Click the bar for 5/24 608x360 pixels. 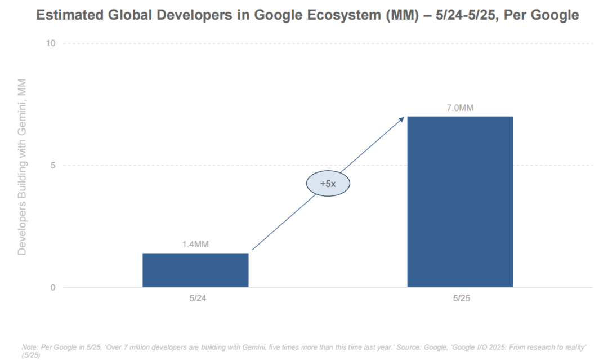pyautogui.click(x=195, y=270)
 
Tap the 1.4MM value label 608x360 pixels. pyautogui.click(x=195, y=245)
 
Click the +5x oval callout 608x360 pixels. pyautogui.click(x=328, y=183)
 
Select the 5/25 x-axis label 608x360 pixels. pyautogui.click(x=460, y=298)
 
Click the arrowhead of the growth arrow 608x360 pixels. pyautogui.click(x=402, y=118)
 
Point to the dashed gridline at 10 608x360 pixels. pyautogui.click(x=327, y=43)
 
